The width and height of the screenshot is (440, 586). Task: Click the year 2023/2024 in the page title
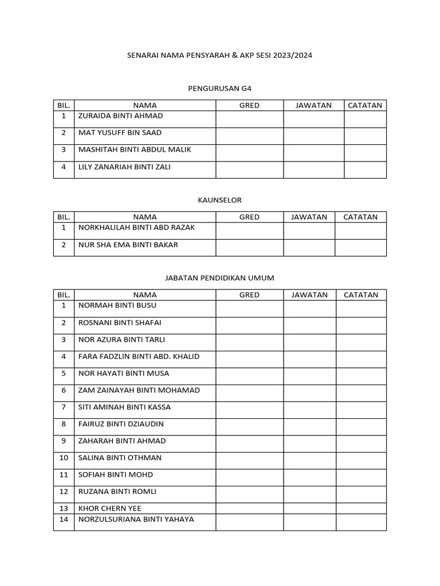(293, 56)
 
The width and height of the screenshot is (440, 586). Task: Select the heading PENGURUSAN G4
(220, 89)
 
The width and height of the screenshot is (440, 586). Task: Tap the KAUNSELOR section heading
(220, 200)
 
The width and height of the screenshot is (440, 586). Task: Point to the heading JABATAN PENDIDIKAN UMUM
(220, 278)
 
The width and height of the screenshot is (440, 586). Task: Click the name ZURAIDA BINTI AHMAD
(120, 116)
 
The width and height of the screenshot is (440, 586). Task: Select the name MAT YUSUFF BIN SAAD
(120, 133)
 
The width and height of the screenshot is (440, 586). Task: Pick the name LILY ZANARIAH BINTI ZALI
(124, 167)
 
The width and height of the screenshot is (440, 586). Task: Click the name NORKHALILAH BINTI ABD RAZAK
(136, 228)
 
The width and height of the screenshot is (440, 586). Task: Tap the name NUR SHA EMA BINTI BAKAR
(128, 245)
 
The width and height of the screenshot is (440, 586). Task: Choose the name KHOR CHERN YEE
(109, 508)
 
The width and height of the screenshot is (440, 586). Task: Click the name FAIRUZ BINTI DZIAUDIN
(121, 424)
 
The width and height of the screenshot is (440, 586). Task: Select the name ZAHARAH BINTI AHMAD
(122, 441)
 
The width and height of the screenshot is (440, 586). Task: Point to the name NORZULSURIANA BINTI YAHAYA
(136, 520)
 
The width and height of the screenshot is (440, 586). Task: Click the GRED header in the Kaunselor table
(249, 217)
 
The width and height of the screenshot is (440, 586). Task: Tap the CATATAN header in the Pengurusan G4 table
(365, 105)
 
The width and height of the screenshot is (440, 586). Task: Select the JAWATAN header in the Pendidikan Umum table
(309, 295)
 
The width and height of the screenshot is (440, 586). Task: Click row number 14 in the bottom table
(64, 520)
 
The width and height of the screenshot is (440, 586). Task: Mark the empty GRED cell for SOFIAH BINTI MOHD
(249, 474)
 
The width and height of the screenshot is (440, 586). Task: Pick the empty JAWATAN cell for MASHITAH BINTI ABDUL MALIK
(313, 150)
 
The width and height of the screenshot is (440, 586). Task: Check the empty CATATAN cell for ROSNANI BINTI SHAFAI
(361, 323)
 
